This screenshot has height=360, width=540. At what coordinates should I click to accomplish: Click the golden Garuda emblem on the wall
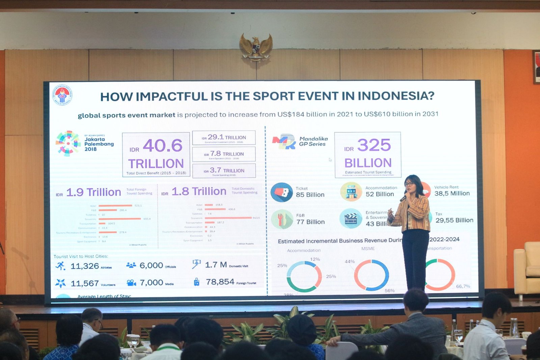[x=256, y=47]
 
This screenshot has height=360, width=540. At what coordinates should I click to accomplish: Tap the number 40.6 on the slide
[x=163, y=146]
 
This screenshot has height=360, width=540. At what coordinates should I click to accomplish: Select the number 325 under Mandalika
[x=374, y=145]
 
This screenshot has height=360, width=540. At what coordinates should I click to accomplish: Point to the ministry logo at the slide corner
[x=62, y=95]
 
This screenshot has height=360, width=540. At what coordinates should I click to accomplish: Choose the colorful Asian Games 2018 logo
[x=68, y=143]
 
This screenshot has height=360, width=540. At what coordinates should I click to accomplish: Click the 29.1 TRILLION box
[x=224, y=138]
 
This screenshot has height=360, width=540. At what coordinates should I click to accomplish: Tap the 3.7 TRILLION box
[x=224, y=171]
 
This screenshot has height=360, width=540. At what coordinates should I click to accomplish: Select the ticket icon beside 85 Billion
[x=281, y=192]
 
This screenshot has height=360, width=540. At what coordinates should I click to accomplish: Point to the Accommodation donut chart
[x=304, y=276]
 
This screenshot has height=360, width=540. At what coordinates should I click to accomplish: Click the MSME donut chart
[x=371, y=275]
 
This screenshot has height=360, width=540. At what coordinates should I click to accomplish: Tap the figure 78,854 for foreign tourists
[x=220, y=282]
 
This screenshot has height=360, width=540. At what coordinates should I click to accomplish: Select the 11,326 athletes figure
[x=85, y=266]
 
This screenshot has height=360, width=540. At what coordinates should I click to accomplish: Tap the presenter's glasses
[x=409, y=184]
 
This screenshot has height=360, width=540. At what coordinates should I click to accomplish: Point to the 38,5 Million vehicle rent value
[x=452, y=194]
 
